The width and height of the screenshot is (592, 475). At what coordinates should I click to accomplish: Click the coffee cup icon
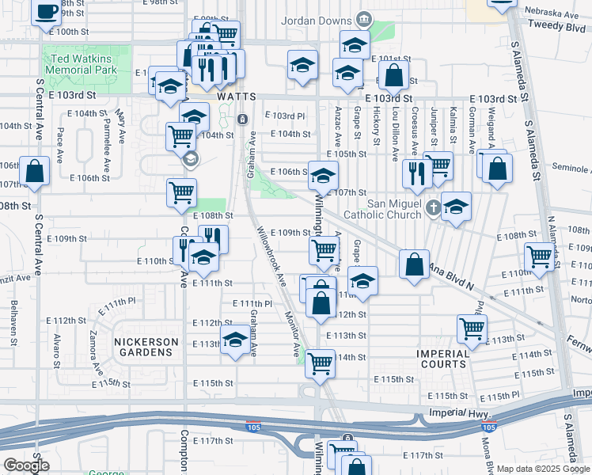[x=47, y=11]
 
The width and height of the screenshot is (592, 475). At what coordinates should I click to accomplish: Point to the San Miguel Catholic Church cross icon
[x=433, y=208]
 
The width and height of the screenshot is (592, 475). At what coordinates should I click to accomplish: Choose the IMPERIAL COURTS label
[x=443, y=358]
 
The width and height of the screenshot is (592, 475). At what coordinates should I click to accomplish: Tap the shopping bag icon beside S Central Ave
[x=35, y=170]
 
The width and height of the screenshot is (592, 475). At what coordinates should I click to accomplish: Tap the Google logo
[x=27, y=465]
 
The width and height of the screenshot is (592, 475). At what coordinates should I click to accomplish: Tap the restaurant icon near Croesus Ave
[x=416, y=173]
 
